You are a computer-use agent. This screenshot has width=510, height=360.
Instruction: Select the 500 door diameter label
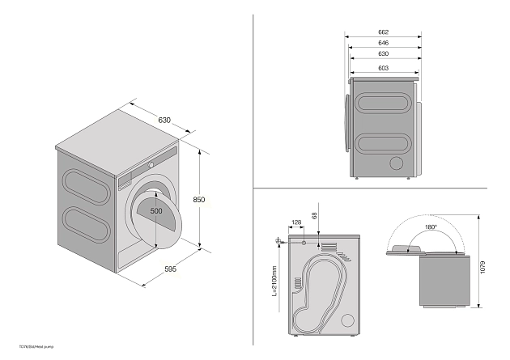point(156,211)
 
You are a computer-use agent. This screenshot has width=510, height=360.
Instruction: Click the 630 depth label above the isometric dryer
point(164,121)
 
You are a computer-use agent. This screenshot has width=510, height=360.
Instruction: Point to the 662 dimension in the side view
point(383,32)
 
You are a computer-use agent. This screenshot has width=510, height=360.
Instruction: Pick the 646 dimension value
point(383,43)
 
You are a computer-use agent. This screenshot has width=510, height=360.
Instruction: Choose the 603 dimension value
point(383,67)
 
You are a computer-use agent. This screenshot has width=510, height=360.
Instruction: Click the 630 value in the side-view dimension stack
point(383,54)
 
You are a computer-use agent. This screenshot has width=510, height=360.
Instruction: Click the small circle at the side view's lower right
point(397,163)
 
